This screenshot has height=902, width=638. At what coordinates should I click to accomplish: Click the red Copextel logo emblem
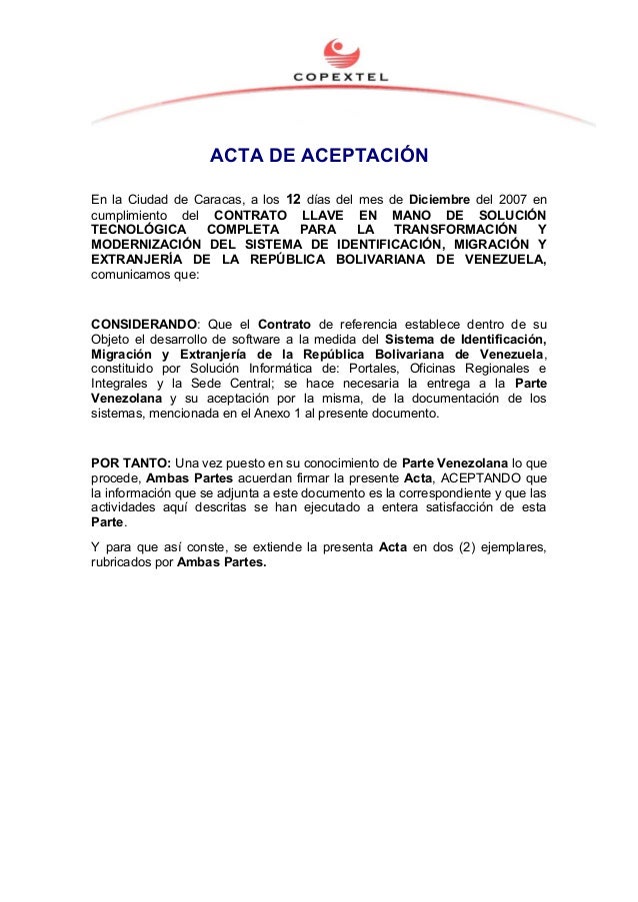click(x=341, y=50)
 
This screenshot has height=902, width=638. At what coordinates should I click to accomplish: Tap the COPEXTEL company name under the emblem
click(x=340, y=77)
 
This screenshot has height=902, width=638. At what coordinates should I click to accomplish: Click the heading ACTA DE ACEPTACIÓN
click(x=318, y=157)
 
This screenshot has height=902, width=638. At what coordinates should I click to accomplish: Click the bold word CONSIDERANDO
click(x=144, y=324)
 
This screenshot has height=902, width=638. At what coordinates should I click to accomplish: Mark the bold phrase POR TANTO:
click(x=130, y=462)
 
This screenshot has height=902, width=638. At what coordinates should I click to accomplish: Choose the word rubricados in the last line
click(x=122, y=562)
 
